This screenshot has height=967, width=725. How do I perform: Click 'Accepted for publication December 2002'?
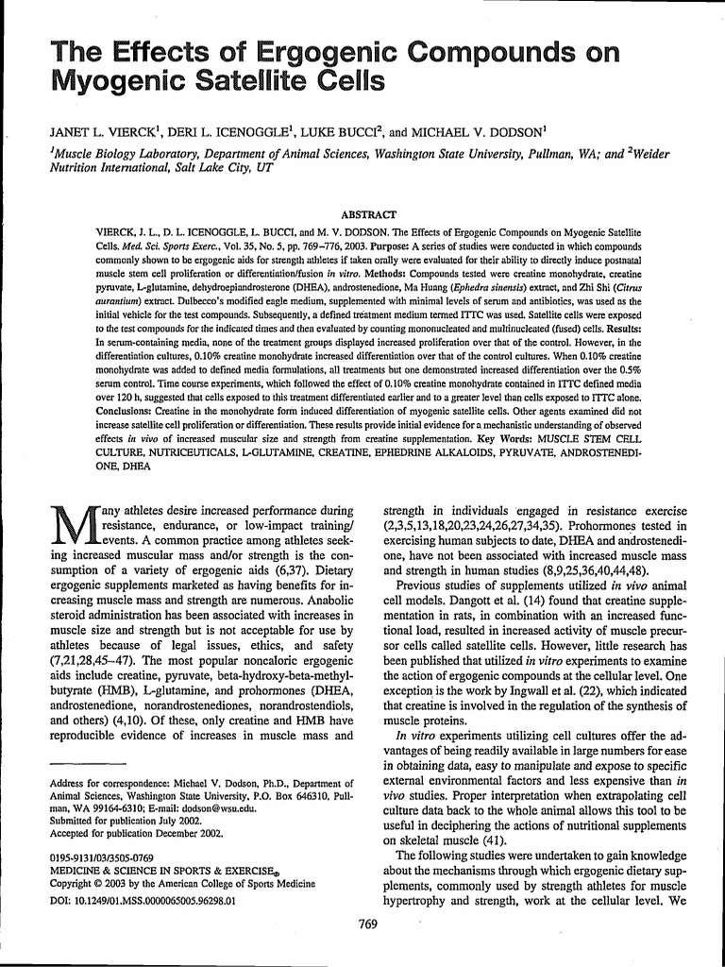point(135,834)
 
